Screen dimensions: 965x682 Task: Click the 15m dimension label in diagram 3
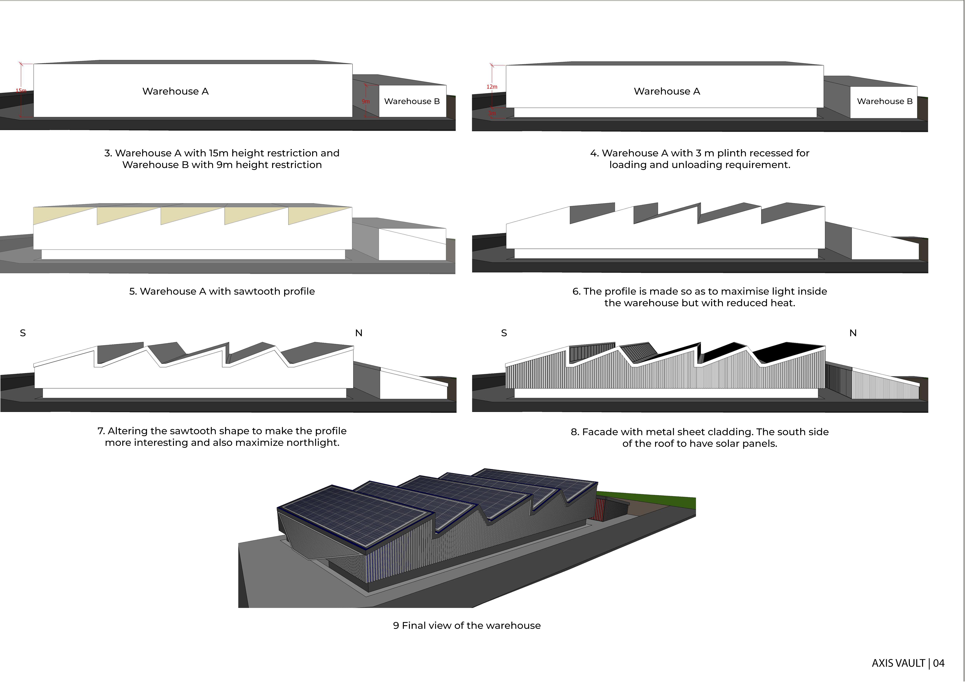point(21,90)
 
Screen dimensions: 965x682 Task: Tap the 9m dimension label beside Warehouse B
point(366,101)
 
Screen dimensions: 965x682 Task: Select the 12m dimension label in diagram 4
point(492,87)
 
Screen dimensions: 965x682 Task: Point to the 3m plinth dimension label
point(492,113)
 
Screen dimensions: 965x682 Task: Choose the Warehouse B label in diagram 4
point(885,101)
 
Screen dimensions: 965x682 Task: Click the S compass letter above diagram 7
point(23,333)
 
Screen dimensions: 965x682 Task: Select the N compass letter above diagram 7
point(359,333)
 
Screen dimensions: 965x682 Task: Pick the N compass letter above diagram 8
point(853,333)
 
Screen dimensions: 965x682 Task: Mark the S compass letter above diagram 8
point(504,333)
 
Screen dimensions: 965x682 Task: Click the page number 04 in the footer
point(939,663)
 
